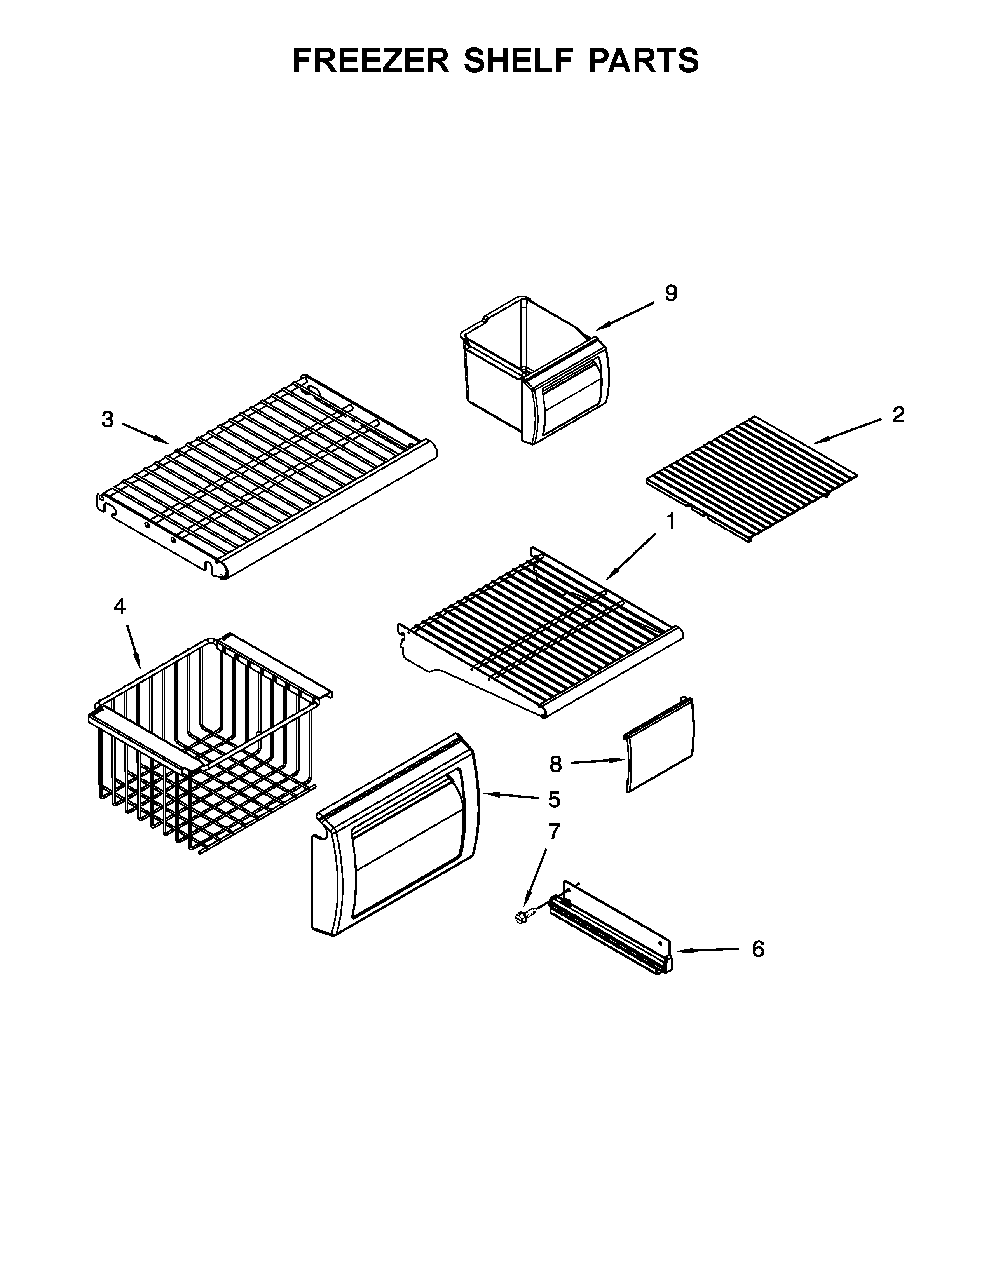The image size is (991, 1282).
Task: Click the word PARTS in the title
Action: [x=640, y=61]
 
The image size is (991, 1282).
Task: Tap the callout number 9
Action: [x=671, y=293]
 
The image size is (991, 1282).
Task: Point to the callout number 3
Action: [x=107, y=420]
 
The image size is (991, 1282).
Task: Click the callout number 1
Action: [x=670, y=522]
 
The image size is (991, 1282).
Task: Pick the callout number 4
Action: [x=119, y=607]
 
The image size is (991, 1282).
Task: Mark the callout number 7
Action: [x=554, y=831]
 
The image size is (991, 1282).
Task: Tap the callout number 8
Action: [x=555, y=764]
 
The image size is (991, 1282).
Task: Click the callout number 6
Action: [x=758, y=949]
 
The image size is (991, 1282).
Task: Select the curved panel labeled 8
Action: [x=659, y=746]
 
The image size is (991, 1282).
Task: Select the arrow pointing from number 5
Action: [x=511, y=795]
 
